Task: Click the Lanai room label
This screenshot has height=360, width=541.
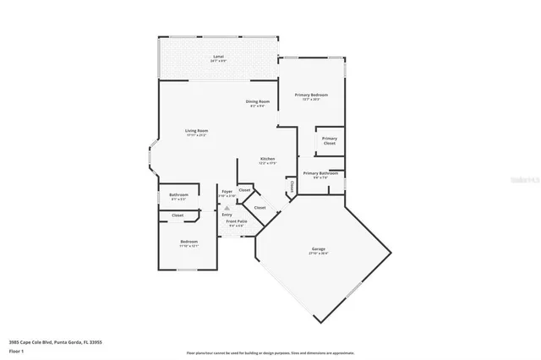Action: click(x=218, y=57)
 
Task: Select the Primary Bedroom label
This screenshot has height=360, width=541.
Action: click(x=310, y=95)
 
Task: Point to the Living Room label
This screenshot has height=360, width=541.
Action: click(x=197, y=130)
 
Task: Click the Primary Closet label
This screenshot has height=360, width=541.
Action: click(x=329, y=140)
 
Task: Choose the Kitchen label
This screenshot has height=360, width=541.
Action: click(x=267, y=159)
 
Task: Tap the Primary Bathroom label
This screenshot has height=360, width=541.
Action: click(x=320, y=173)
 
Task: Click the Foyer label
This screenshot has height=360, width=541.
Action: click(x=227, y=192)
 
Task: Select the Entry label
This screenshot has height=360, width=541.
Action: click(x=227, y=215)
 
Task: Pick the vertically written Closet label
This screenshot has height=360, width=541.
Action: click(x=291, y=186)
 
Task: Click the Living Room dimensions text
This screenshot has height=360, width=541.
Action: click(x=197, y=135)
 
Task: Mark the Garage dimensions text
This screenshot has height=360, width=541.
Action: click(x=319, y=254)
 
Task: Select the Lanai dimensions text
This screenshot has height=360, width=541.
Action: click(x=218, y=62)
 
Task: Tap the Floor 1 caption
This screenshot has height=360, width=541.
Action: click(x=16, y=350)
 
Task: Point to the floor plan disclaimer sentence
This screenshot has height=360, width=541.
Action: click(x=270, y=352)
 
